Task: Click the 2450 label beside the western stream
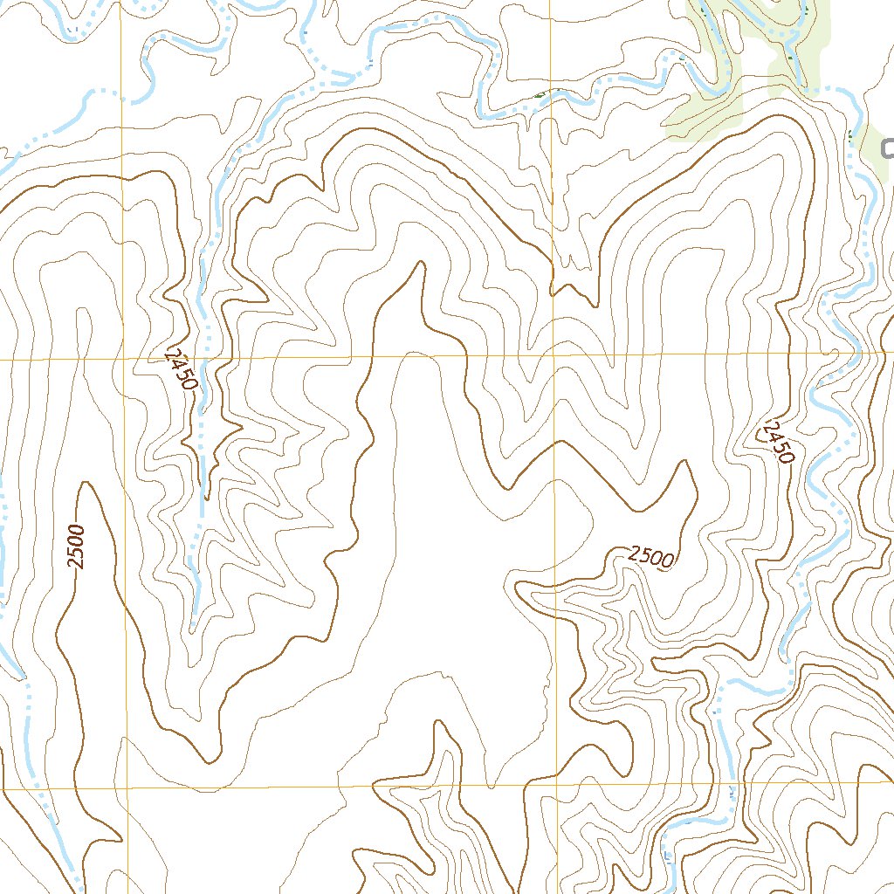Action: (181, 367)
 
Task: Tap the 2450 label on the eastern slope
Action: (775, 442)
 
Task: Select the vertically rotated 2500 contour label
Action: (78, 547)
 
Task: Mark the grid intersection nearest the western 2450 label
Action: (125, 359)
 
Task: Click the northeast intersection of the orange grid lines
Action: (554, 355)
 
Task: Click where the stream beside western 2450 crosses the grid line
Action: (202, 358)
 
